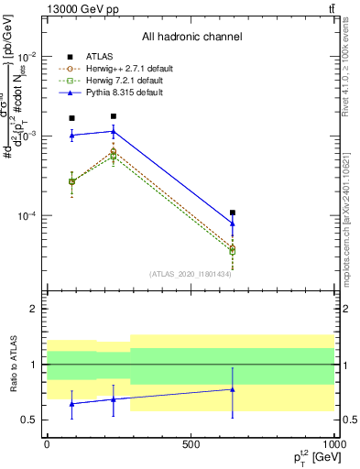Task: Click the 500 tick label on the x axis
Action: [191, 444]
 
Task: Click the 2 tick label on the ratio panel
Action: [31, 310]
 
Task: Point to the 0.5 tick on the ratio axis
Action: [27, 420]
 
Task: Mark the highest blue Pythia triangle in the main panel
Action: [114, 131]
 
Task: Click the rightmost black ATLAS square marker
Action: [233, 213]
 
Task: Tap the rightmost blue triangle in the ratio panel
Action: [233, 389]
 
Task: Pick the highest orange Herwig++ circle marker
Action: [114, 151]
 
